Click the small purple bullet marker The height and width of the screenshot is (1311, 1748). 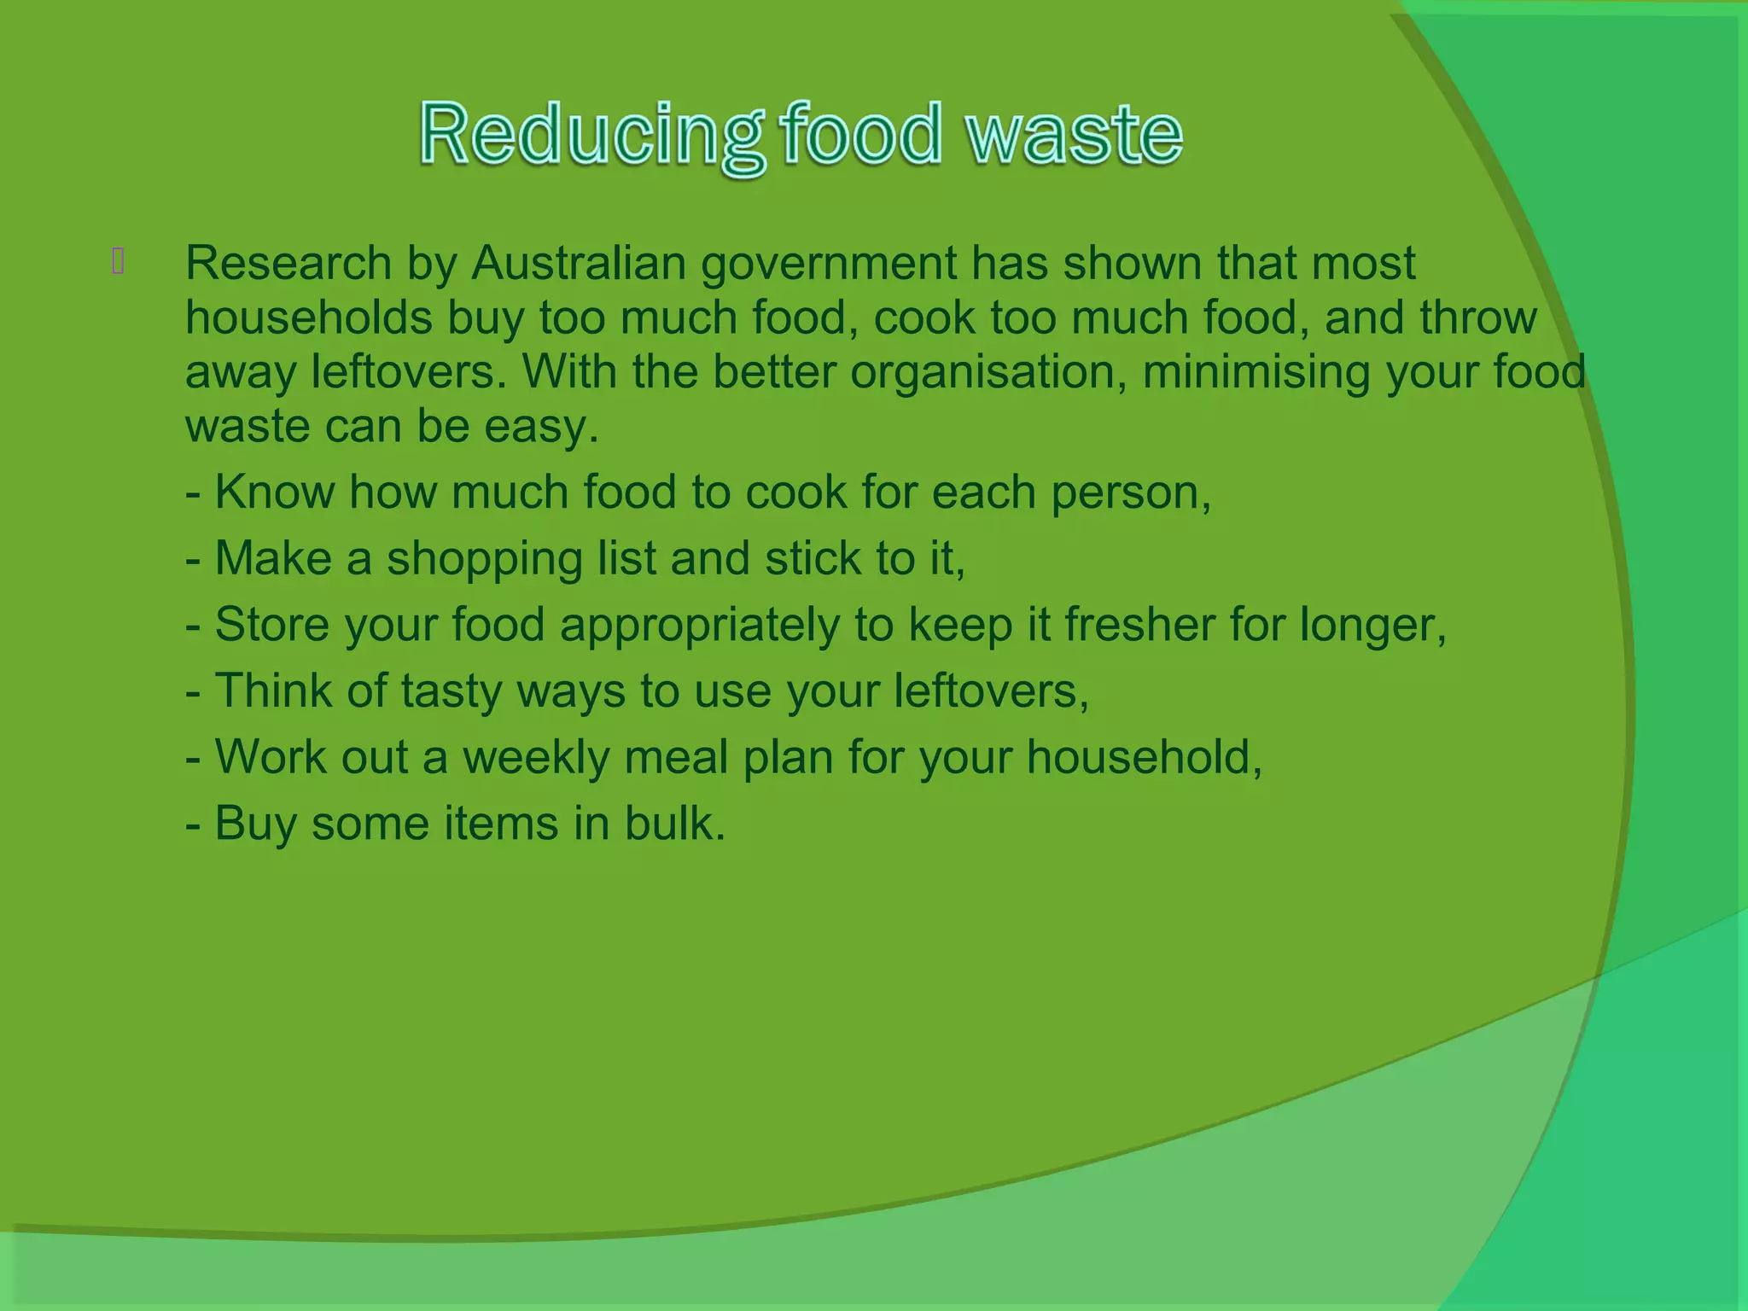point(118,261)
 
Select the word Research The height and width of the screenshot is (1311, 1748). point(288,263)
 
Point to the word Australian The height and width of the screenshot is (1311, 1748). point(579,263)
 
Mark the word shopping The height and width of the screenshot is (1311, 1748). point(485,560)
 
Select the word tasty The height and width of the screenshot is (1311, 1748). point(452,691)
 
